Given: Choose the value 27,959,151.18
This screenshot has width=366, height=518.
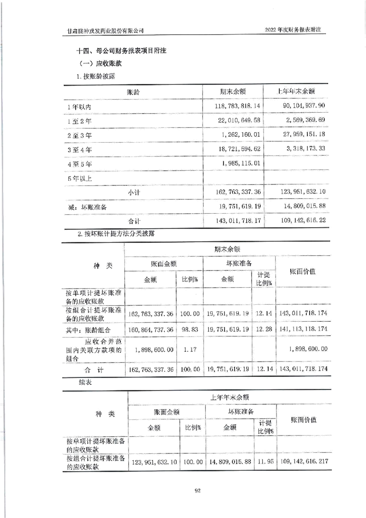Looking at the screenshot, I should (300, 135).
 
